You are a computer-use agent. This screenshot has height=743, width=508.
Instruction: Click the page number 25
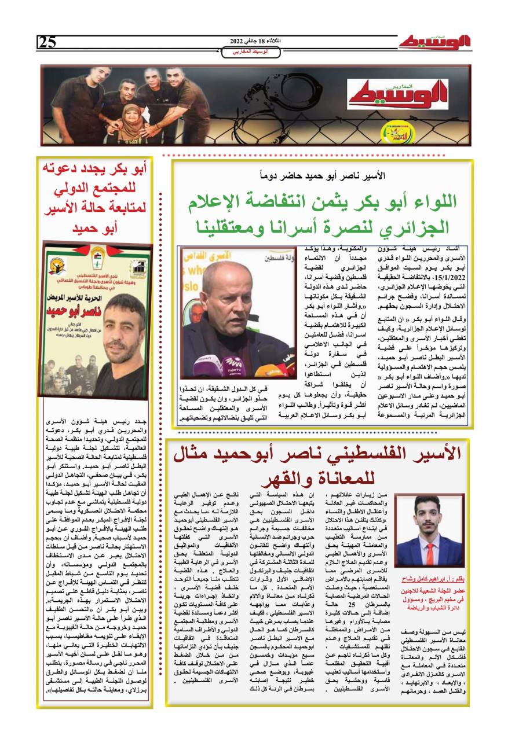click(47, 42)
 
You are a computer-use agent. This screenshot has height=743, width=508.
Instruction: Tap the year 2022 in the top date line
click(238, 42)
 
